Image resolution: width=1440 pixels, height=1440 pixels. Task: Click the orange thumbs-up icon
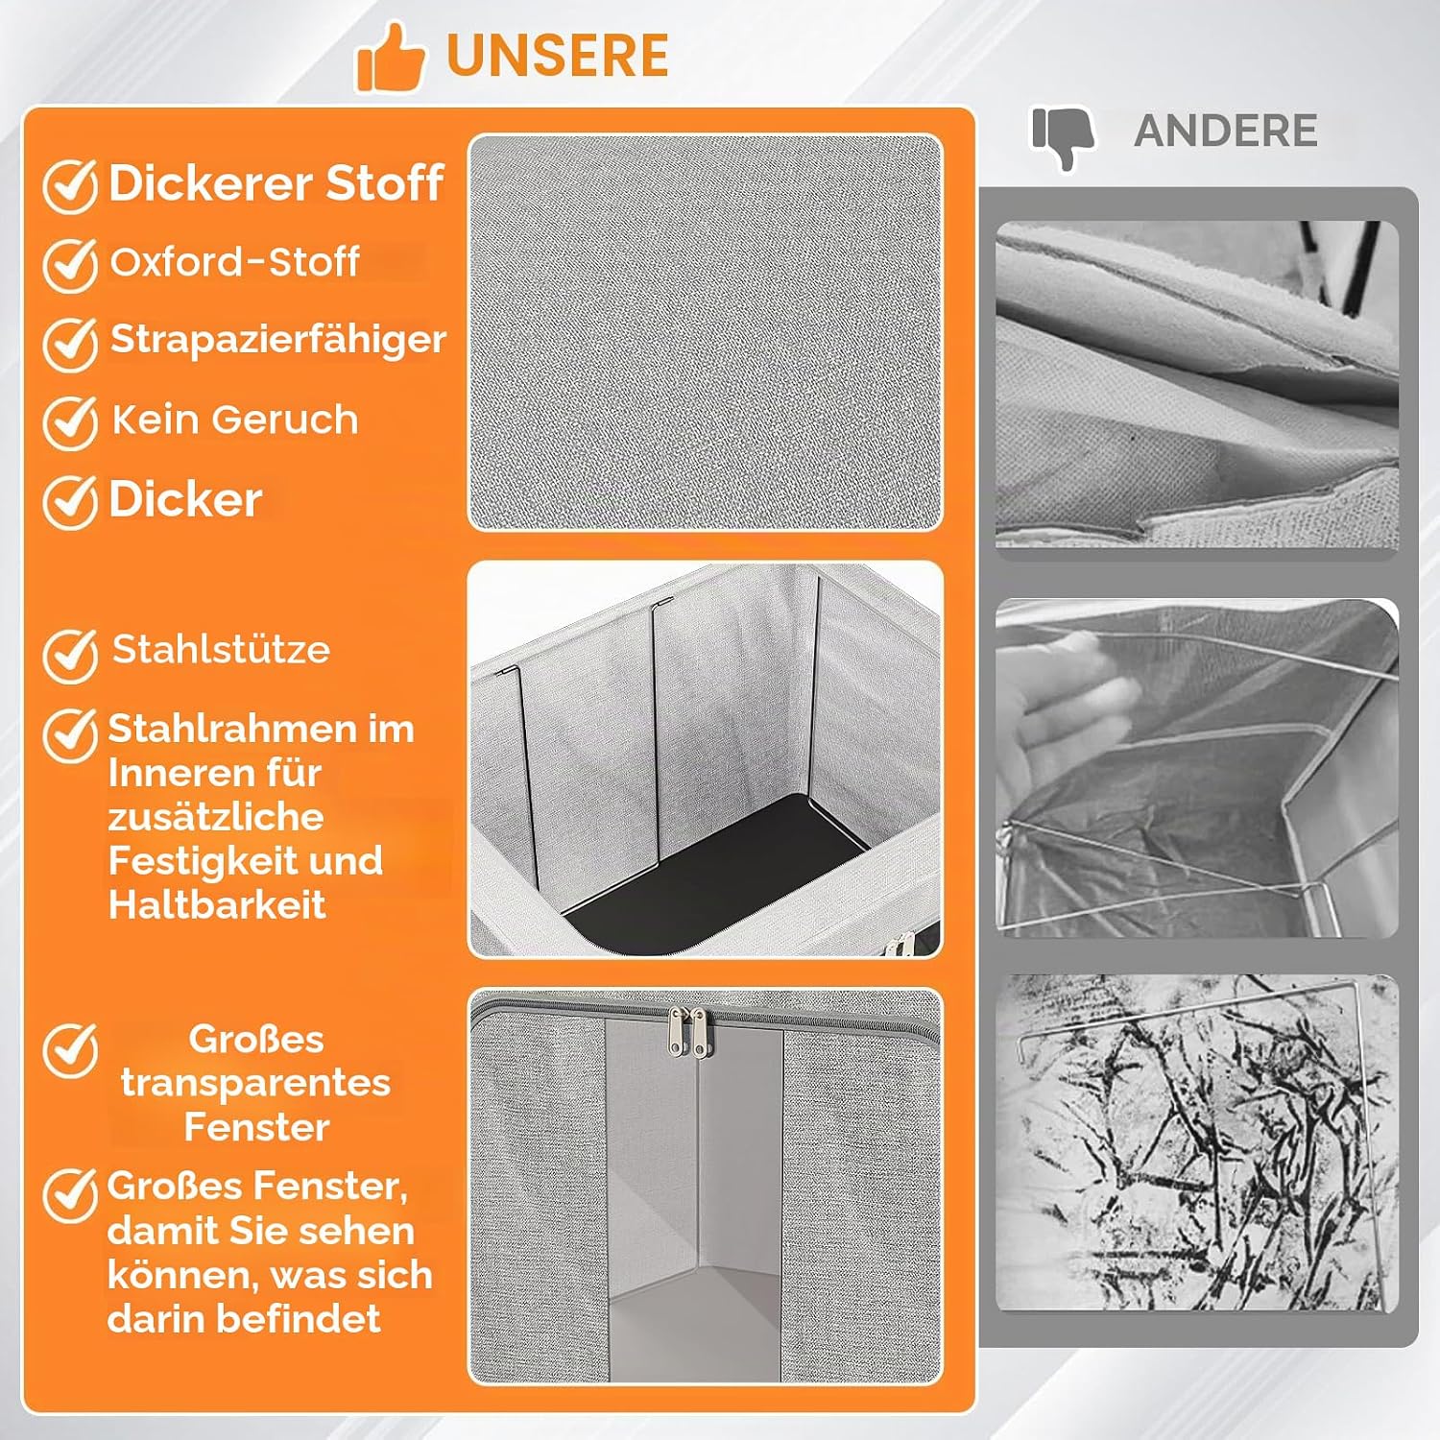[390, 58]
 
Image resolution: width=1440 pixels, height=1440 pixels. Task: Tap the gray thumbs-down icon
[1064, 138]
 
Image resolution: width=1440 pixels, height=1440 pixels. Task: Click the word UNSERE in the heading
[558, 56]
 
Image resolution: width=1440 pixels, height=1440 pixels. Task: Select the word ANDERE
[1226, 131]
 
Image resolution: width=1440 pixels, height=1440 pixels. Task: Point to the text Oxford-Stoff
[235, 261]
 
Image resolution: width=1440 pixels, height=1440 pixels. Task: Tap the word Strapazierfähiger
[278, 340]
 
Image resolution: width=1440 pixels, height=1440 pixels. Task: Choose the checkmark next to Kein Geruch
[70, 422]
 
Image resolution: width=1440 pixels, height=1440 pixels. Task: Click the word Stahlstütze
[222, 650]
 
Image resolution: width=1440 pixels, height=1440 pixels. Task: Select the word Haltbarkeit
[217, 905]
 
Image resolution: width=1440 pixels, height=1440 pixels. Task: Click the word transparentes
[255, 1083]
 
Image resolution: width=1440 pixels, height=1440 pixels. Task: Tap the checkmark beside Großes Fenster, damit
[70, 1195]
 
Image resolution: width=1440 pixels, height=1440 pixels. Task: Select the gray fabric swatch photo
[706, 332]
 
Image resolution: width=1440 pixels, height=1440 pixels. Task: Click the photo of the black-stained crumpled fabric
[1197, 1143]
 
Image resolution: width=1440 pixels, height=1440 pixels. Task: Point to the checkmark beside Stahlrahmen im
[70, 735]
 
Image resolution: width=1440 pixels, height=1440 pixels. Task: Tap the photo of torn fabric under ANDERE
[1197, 385]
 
